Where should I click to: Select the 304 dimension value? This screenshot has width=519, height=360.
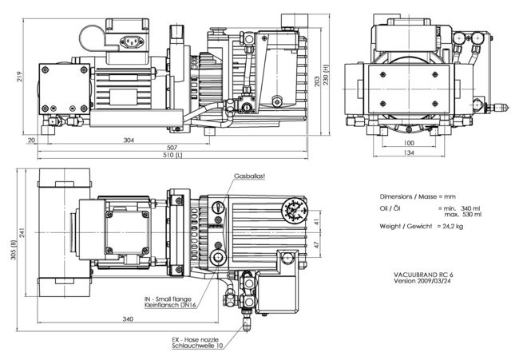point(129,140)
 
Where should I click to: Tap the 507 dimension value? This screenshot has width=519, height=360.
point(172,147)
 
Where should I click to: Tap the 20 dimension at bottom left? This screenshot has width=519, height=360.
point(30,140)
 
